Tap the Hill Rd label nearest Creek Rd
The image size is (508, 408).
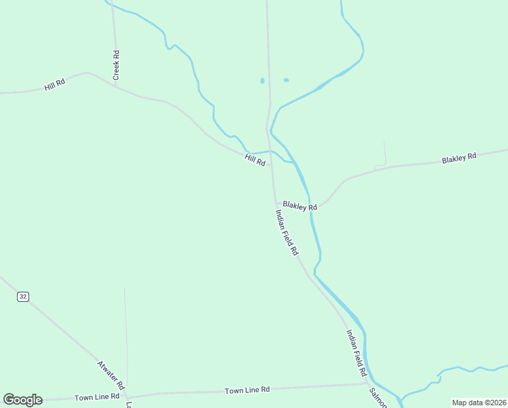tap(54, 84)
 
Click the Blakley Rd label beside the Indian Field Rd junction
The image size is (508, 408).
tap(300, 205)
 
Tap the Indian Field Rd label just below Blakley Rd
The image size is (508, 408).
tap(287, 232)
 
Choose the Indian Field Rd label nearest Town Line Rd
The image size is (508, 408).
tap(357, 354)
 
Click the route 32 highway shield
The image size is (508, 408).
tap(24, 296)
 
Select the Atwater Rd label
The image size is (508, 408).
tap(111, 374)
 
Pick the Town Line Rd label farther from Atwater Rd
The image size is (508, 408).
tap(247, 390)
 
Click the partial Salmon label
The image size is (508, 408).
tap(378, 398)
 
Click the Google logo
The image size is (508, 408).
tap(22, 400)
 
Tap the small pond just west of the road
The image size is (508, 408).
tap(262, 81)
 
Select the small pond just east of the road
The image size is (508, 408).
tap(286, 80)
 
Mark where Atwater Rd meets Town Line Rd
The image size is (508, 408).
tap(127, 396)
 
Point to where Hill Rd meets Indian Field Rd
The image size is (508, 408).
tap(272, 165)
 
